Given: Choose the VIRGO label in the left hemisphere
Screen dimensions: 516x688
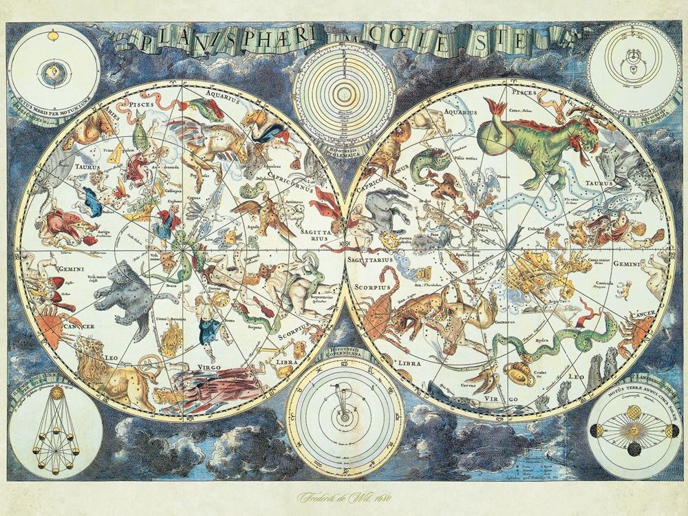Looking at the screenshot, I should point(183,368).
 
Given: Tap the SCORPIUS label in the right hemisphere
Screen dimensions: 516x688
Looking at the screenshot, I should point(372,282).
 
